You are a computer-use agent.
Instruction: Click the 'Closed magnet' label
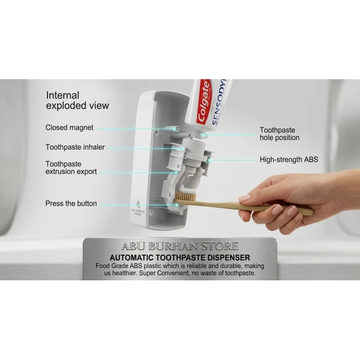(69, 128)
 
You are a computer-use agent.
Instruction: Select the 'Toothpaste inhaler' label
(75, 147)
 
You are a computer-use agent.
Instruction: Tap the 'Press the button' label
(71, 204)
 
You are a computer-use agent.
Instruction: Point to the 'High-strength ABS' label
(289, 160)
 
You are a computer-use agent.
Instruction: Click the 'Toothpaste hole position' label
(279, 134)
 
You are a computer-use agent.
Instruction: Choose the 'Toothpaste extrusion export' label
(71, 168)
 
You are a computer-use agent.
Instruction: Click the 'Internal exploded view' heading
(77, 100)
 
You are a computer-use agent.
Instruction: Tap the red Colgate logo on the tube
(204, 102)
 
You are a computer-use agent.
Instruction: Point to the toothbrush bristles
(186, 197)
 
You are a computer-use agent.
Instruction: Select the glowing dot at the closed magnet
(177, 129)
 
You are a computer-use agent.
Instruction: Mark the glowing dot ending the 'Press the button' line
(176, 205)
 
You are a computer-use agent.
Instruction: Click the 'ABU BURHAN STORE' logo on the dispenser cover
(138, 208)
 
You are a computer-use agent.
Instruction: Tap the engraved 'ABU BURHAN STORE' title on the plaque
(180, 246)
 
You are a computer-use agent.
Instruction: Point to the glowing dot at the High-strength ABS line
(209, 160)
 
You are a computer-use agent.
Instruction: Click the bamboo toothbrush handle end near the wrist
(310, 212)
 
